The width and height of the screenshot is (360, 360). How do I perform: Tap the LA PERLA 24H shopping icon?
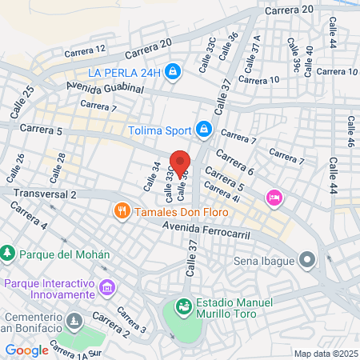[173, 73]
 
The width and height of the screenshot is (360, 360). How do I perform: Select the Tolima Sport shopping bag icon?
[204, 129]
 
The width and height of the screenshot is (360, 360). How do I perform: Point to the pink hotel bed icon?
[274, 197]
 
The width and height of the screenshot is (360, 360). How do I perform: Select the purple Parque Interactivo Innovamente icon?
[106, 286]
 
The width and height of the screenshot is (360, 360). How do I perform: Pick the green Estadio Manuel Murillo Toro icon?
[183, 306]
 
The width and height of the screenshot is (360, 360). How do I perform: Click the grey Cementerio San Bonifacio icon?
[74, 321]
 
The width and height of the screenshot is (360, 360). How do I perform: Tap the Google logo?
[26, 350]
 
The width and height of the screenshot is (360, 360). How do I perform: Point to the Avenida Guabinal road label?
[105, 88]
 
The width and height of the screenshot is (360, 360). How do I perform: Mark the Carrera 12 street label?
[81, 53]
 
